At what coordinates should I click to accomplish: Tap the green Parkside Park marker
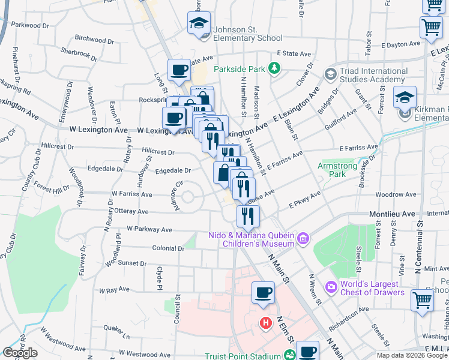tap(274, 68)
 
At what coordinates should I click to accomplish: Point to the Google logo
tap(20, 353)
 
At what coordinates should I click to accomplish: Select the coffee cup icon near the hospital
tap(263, 293)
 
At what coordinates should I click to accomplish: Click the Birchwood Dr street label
tap(90, 39)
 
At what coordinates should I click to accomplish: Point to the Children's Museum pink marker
tap(303, 239)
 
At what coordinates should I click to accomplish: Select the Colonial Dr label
tap(168, 248)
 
